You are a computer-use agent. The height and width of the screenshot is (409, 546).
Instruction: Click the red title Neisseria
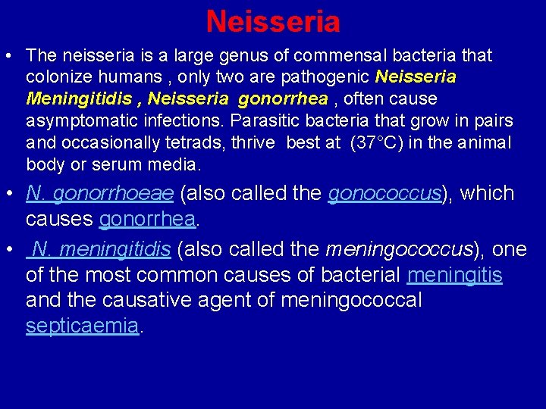pyautogui.click(x=273, y=21)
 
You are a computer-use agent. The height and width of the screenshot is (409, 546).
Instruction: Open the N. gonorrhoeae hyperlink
pyautogui.click(x=100, y=194)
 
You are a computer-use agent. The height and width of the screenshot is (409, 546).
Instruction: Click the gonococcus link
pyautogui.click(x=384, y=194)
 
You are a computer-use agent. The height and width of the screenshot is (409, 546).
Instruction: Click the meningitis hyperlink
pyautogui.click(x=454, y=275)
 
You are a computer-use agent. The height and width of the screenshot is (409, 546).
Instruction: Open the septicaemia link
pyautogui.click(x=83, y=326)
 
